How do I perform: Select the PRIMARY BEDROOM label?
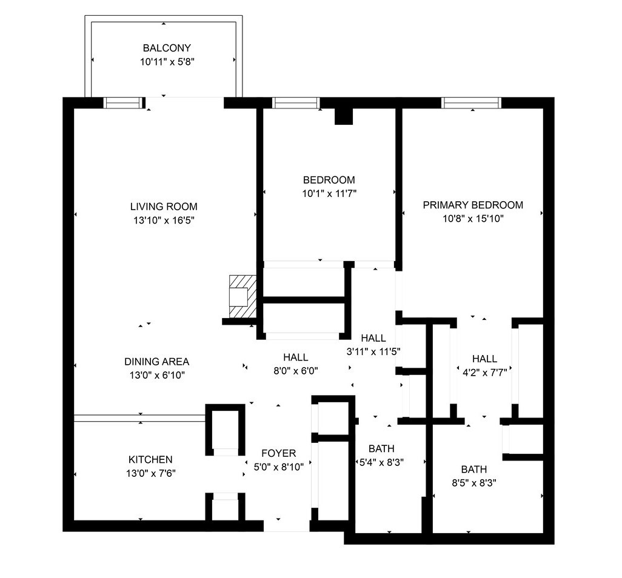point(473,205)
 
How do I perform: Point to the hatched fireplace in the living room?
point(241,296)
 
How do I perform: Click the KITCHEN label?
point(150,459)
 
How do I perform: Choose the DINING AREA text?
point(156,361)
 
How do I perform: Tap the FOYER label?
point(278,453)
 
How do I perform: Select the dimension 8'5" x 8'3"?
point(473,483)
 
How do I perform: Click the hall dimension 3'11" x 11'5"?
point(373,351)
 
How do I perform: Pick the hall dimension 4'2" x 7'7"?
point(484,372)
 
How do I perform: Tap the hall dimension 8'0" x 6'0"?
point(295,370)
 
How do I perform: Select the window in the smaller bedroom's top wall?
point(296,103)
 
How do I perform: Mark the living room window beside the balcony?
point(123,103)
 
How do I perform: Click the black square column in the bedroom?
point(344,116)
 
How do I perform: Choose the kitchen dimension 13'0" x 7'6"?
point(150,473)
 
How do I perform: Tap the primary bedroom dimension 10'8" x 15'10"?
point(473,219)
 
